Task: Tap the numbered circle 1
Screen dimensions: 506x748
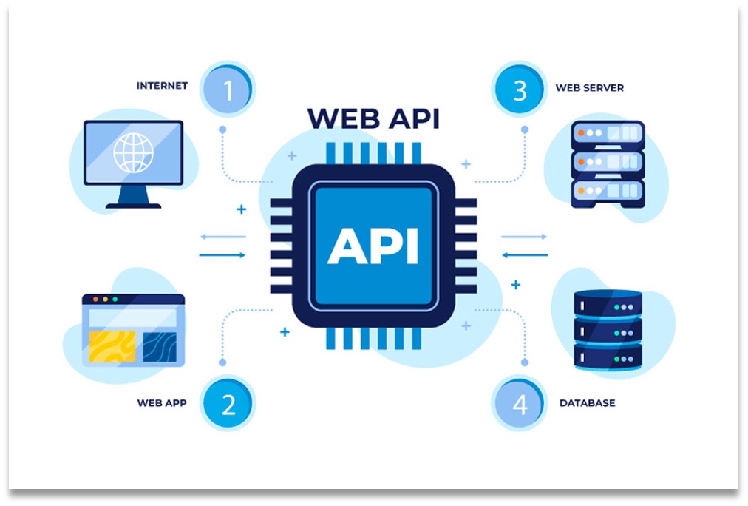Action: [x=228, y=90]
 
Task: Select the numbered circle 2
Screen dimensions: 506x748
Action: [x=228, y=404]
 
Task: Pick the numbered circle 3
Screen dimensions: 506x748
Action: [x=520, y=90]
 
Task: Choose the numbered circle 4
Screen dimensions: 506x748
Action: [x=520, y=404]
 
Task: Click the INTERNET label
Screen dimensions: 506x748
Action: [x=162, y=86]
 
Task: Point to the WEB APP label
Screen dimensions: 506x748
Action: [x=162, y=403]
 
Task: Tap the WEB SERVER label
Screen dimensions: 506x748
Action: [x=589, y=88]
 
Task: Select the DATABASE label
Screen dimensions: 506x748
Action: [x=587, y=403]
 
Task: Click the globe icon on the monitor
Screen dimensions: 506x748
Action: [x=132, y=152]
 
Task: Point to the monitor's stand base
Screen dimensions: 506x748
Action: [x=133, y=205]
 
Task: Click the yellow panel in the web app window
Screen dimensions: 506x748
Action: [x=112, y=346]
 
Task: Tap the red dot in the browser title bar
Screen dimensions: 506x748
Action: [x=93, y=300]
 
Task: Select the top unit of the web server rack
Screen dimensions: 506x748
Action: [x=608, y=134]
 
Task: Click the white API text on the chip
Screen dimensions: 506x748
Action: [x=373, y=246]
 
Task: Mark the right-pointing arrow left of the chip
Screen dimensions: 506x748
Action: [x=222, y=255]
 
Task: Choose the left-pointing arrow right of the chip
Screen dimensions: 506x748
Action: [x=525, y=255]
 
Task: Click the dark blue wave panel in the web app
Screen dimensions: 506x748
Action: [x=159, y=346]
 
